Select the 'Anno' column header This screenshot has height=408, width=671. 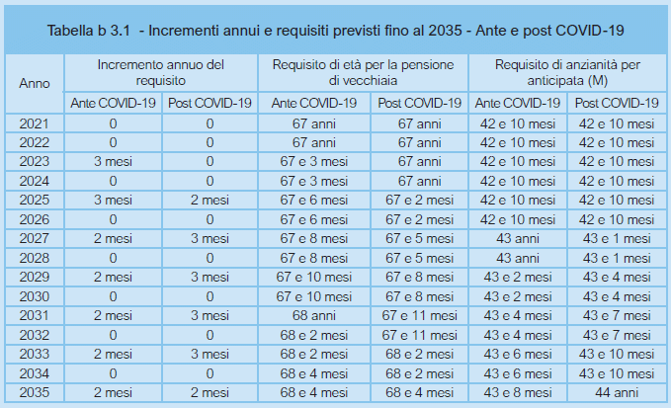35,83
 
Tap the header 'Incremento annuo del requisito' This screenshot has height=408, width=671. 161,73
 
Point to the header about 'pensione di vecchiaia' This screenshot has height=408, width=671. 363,73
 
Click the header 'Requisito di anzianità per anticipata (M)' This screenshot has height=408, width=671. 567,73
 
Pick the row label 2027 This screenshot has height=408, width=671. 35,237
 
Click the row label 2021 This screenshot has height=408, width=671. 35,122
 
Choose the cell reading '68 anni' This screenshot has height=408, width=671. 314,314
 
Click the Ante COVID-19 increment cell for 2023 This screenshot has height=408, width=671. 113,161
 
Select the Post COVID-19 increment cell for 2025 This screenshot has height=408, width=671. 210,200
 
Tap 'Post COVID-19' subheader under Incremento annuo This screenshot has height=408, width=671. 210,103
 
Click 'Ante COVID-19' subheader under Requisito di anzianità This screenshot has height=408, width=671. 515,103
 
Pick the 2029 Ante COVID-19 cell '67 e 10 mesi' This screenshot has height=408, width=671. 314,276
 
